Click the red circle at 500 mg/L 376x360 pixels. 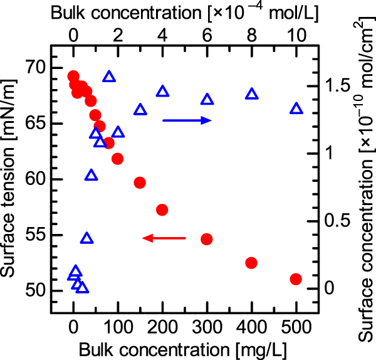[x=296, y=278]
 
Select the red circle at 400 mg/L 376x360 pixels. [x=251, y=263]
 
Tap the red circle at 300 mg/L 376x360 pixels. [x=207, y=239]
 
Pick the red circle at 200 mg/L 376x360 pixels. [x=162, y=209]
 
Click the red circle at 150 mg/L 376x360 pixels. [x=140, y=183]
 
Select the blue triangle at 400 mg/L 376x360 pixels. [x=251, y=94]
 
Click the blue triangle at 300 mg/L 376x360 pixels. [x=207, y=99]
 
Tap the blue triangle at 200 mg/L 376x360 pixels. [x=162, y=91]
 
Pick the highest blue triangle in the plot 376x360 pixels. [x=109, y=77]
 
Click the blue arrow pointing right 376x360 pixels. [x=187, y=120]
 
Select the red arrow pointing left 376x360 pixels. [x=164, y=238]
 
